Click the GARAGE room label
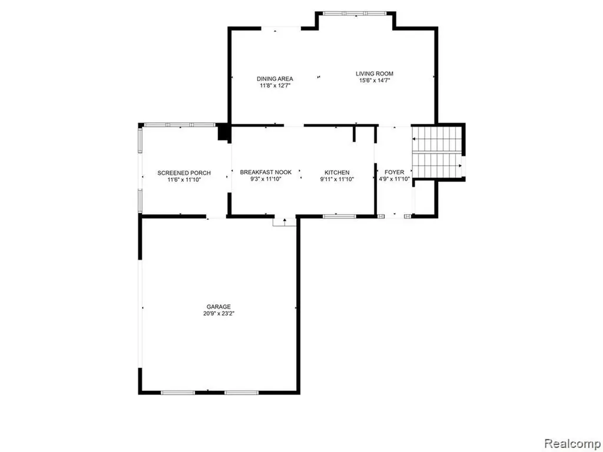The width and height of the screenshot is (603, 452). point(218,307)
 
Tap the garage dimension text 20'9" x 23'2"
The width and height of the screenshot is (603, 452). point(219,314)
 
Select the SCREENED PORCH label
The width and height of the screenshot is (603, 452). point(184,173)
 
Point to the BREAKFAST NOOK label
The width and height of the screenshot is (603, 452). point(266,172)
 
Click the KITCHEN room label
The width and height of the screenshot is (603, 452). point(337,172)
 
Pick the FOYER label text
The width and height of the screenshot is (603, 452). point(394,172)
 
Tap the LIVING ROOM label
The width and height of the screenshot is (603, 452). point(374,74)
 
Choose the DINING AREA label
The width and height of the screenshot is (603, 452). point(274,79)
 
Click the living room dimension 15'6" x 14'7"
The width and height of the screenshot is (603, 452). point(374,80)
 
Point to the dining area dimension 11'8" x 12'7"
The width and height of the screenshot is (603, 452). point(274,86)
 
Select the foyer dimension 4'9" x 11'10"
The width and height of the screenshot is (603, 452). point(394,179)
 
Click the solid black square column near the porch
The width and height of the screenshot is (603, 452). point(223,132)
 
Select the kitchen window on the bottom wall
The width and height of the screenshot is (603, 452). point(339,217)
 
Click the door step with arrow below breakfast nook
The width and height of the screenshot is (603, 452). point(284,222)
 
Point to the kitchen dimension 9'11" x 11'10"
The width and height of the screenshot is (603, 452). point(337,180)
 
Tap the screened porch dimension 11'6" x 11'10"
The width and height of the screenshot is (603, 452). point(184,180)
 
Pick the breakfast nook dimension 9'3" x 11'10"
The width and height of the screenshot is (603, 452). point(266,179)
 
